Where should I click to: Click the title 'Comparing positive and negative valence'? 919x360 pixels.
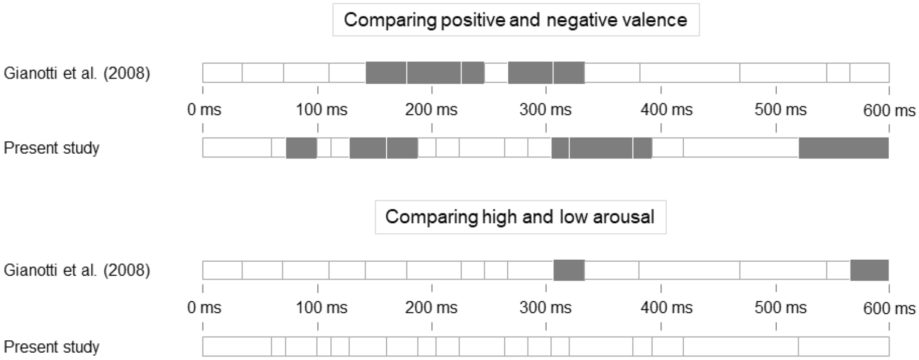(x=516, y=20)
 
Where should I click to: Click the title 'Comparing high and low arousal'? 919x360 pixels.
(x=520, y=217)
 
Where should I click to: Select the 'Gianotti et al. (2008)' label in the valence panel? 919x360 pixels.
(x=77, y=73)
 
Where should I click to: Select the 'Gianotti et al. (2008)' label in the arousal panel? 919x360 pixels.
(x=77, y=270)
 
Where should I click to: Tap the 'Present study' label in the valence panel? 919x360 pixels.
(x=51, y=148)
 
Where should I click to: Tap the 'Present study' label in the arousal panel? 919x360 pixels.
(x=51, y=346)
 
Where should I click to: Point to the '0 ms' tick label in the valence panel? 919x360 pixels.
(x=204, y=110)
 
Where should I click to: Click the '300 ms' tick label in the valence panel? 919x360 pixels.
(x=545, y=110)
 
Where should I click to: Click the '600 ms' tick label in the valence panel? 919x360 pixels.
(x=889, y=110)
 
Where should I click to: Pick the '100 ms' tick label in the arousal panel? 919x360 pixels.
(x=321, y=308)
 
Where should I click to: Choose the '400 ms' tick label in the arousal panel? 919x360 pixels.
(x=666, y=308)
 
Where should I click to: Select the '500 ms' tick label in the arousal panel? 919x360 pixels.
(x=780, y=308)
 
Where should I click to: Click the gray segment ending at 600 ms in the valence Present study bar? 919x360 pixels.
(x=843, y=148)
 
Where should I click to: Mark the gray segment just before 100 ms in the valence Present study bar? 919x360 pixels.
(x=301, y=148)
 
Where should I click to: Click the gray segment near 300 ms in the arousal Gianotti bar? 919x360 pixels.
(x=569, y=270)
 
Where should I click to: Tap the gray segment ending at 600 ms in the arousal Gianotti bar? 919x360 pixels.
(x=869, y=270)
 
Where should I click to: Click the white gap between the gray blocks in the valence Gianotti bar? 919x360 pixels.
(x=496, y=73)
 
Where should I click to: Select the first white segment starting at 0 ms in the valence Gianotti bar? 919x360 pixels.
(x=222, y=73)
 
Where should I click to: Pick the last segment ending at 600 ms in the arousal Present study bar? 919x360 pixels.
(x=843, y=346)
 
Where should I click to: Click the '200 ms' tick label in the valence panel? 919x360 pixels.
(x=431, y=110)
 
